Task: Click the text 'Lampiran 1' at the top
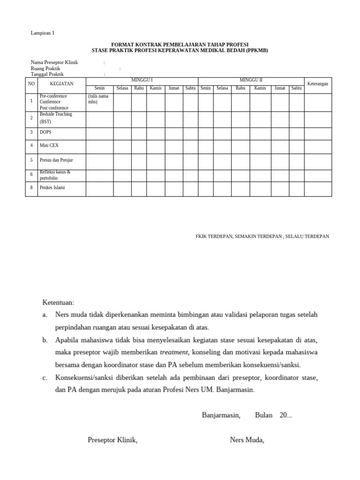tap(42, 33)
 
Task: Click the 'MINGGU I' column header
tap(142, 80)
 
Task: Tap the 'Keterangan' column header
tap(317, 83)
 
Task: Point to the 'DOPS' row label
tap(45, 132)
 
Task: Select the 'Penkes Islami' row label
tap(52, 188)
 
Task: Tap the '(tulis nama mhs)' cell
tap(98, 98)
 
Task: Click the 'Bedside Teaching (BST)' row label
tap(56, 118)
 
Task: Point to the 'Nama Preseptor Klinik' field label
tap(54, 62)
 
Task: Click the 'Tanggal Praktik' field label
tap(47, 74)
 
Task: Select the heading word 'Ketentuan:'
tap(58, 303)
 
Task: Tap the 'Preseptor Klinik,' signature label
tap(112, 440)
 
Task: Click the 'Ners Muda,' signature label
tap(247, 440)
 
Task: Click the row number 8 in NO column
tap(31, 188)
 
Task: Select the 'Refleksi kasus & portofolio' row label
tap(55, 174)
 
